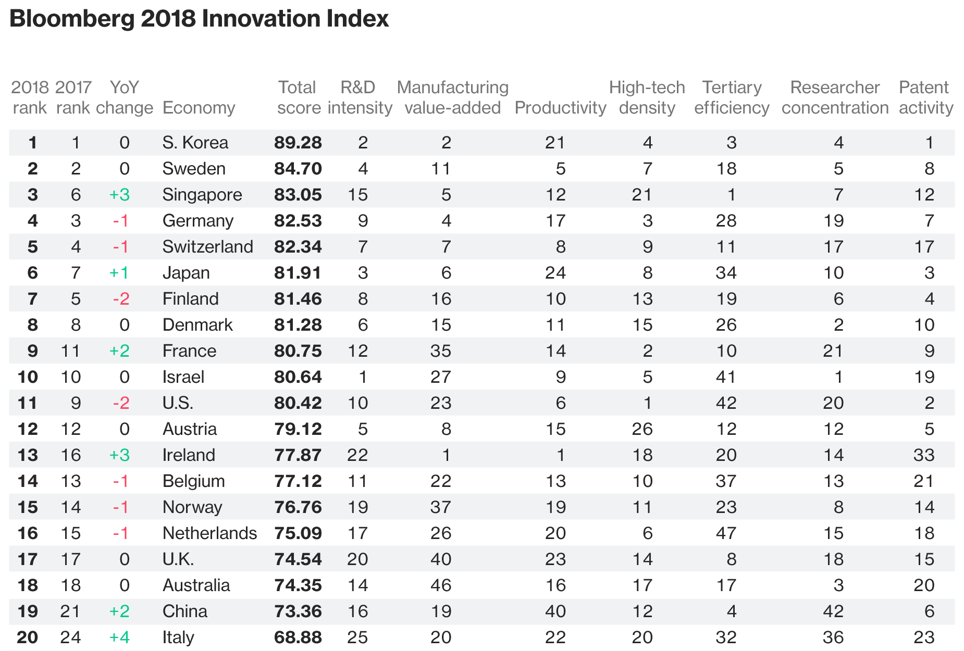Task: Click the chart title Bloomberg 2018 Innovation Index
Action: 199,19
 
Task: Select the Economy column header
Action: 199,108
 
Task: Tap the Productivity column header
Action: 560,108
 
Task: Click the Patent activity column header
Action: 926,97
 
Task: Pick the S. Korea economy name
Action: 195,143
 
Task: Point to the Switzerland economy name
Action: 207,247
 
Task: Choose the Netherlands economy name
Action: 209,533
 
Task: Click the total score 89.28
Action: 298,143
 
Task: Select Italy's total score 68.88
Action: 298,637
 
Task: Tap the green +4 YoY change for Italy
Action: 119,637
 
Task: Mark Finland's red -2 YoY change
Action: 121,299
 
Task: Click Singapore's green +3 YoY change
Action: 119,195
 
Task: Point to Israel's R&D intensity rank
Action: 363,377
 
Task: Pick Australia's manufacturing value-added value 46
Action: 441,585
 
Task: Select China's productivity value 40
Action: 555,611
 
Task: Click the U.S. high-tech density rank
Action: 647,403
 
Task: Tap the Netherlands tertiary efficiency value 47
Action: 726,533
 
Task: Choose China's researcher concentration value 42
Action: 833,611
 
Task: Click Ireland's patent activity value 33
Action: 924,455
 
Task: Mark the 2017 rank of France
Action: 70,351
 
